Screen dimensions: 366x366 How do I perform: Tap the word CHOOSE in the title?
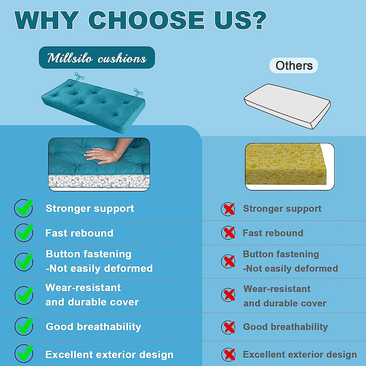pyautogui.click(x=146, y=20)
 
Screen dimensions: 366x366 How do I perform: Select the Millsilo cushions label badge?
pyautogui.click(x=97, y=58)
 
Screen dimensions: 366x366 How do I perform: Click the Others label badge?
pyautogui.click(x=294, y=66)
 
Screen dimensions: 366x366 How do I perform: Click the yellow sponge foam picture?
pyautogui.click(x=286, y=164)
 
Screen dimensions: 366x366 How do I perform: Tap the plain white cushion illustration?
pyautogui.click(x=287, y=106)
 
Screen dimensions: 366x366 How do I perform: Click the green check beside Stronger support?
pyautogui.click(x=24, y=208)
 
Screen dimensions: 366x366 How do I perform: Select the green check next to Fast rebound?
pyautogui.click(x=24, y=232)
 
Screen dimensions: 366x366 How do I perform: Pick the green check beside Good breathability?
pyautogui.click(x=24, y=326)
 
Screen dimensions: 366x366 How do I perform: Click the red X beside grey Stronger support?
pyautogui.click(x=228, y=209)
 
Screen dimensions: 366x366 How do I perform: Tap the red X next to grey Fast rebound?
pyautogui.click(x=228, y=233)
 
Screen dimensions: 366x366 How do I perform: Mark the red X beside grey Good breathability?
pyautogui.click(x=228, y=327)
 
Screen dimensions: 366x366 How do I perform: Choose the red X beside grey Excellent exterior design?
pyautogui.click(x=229, y=354)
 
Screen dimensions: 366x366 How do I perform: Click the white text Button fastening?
pyautogui.click(x=88, y=254)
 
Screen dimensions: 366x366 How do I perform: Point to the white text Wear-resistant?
pyautogui.click(x=83, y=288)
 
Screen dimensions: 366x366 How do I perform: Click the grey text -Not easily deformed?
pyautogui.click(x=290, y=269)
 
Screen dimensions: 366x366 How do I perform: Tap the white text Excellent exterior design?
pyautogui.click(x=109, y=354)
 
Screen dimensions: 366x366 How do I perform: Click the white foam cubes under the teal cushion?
pyautogui.click(x=99, y=181)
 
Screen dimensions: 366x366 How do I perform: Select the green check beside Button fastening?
pyautogui.click(x=24, y=261)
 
